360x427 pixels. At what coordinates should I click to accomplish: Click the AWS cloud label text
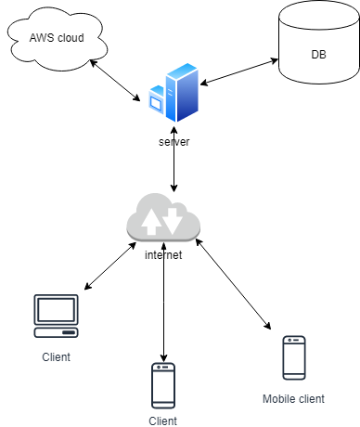tap(57, 38)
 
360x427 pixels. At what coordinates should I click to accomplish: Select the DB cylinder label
tap(318, 55)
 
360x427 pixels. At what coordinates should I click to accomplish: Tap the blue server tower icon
tap(174, 93)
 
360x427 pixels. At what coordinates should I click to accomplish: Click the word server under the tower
tap(174, 142)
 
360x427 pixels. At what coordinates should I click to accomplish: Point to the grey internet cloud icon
tap(163, 217)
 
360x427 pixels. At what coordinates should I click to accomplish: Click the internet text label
tap(163, 255)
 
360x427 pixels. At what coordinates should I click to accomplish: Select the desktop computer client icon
tap(56, 316)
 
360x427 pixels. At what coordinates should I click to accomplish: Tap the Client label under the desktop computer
tap(56, 357)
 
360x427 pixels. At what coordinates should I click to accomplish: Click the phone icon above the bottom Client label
tap(163, 385)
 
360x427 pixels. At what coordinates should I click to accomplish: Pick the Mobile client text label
tap(293, 399)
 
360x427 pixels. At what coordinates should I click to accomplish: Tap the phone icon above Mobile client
tap(294, 357)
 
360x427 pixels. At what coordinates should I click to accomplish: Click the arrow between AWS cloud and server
tap(115, 81)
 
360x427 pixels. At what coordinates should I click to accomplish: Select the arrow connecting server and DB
tap(239, 71)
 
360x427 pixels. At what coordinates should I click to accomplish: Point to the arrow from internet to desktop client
tap(110, 265)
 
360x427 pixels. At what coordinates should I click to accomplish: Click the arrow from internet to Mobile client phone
tap(233, 284)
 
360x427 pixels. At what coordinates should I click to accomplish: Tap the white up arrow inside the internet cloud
tap(151, 222)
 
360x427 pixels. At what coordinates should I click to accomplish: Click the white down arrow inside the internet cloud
tap(173, 221)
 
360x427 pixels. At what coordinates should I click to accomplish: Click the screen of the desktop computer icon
tap(56, 310)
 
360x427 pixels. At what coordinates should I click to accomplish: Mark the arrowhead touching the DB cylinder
tap(275, 60)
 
